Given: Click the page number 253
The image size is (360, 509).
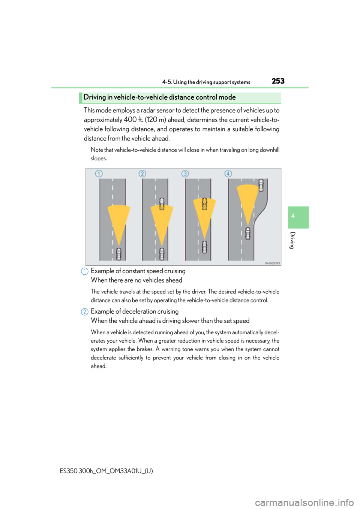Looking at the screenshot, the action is tap(278, 81).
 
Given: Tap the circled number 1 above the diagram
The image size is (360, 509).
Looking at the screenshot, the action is tap(99, 174).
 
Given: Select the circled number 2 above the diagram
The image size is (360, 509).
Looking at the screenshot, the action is tap(142, 174).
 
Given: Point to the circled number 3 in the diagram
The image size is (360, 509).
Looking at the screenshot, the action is tap(185, 174).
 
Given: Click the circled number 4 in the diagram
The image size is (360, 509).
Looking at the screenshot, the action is tap(228, 174).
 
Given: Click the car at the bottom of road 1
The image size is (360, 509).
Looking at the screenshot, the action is tap(118, 254).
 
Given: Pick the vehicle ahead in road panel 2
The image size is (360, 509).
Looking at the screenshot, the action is tap(162, 204).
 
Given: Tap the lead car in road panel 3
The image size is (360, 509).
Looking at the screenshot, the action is tap(204, 204).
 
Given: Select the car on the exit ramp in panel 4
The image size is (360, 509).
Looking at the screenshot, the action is tap(261, 185).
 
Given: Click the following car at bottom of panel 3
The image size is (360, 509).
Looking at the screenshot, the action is tap(204, 247).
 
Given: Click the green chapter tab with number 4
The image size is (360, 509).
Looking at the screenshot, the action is tap(298, 217).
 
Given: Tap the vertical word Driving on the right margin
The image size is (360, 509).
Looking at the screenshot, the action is tap(293, 240).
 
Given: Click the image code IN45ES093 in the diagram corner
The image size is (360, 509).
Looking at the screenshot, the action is tap(272, 263).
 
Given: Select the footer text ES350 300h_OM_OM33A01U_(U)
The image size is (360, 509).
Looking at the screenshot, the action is tap(106, 471).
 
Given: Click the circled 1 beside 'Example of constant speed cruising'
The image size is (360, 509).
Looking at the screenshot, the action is tap(84, 271).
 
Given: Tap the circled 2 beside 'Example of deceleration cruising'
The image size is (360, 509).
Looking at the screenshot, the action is tap(84, 312).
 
